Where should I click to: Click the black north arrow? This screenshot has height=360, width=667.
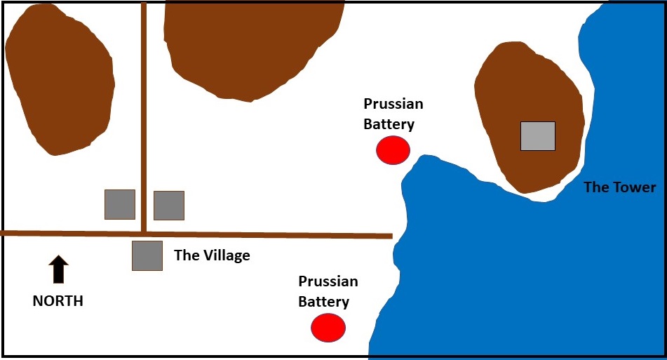tap(59, 270)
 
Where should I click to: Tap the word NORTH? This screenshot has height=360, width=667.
tap(58, 301)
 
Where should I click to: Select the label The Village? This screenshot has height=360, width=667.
tap(212, 255)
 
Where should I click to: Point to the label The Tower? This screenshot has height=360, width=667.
tap(620, 187)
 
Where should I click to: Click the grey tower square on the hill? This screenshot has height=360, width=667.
tap(538, 136)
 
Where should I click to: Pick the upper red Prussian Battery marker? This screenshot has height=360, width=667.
tap(393, 150)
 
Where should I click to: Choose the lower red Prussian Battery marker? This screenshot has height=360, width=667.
tap(328, 328)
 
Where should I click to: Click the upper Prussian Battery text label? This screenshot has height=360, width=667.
tap(393, 114)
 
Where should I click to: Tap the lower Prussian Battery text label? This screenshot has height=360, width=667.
tap(328, 292)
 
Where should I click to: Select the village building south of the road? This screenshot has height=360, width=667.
tap(147, 255)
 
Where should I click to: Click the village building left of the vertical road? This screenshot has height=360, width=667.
tap(120, 204)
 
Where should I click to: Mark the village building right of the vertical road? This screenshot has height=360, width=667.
tap(169, 206)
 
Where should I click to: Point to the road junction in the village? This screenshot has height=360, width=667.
tap(144, 233)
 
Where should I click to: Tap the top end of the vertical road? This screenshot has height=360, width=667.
tap(144, 6)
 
